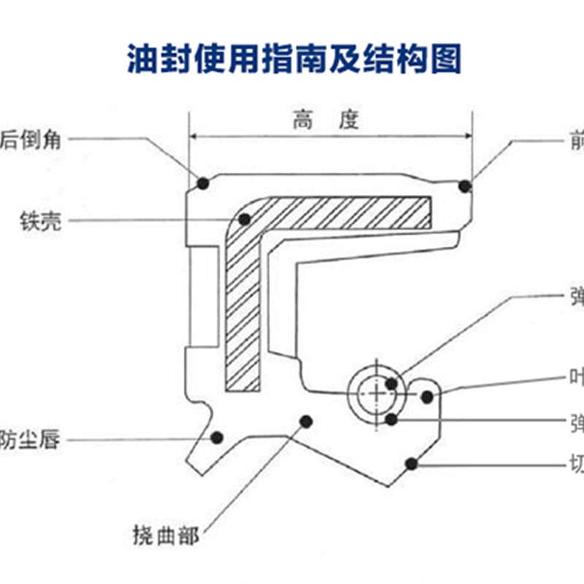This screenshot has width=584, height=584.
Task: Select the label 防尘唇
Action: click(29, 441)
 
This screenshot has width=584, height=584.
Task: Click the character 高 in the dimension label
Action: click(303, 120)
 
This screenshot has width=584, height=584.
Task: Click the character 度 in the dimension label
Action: click(349, 120)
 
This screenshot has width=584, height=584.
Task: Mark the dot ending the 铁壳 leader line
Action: click(245, 218)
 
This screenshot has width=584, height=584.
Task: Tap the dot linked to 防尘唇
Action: click(216, 437)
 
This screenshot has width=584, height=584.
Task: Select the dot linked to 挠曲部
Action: click(307, 420)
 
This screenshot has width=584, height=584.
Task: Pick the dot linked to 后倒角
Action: click(203, 182)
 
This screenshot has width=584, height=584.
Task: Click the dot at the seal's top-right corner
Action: click(464, 187)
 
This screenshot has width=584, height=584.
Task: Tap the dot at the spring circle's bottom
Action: click(392, 419)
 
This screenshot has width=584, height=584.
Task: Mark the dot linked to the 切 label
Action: click(412, 463)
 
